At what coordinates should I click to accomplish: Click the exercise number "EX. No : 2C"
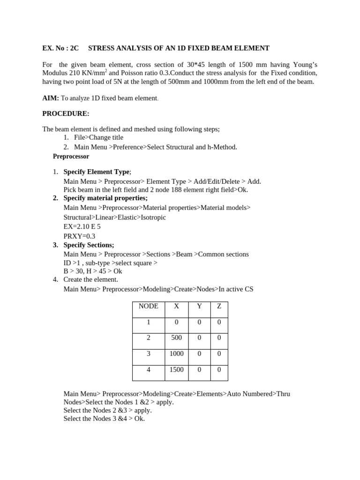[x=61, y=48]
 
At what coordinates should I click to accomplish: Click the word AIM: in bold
[x=51, y=98]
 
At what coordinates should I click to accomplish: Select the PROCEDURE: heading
[x=66, y=113]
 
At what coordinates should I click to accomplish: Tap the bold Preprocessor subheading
[x=71, y=157]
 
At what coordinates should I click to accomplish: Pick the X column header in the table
[x=176, y=306]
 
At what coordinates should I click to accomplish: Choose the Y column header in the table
[x=199, y=306]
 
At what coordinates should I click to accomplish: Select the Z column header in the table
[x=219, y=306]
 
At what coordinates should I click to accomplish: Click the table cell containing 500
[x=176, y=337]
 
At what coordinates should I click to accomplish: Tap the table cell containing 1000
[x=176, y=353]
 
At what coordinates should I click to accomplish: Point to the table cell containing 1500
[x=176, y=370]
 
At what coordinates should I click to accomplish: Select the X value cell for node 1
[x=176, y=322]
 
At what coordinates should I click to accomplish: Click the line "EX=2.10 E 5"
[x=82, y=226]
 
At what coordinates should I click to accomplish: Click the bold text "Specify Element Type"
[x=97, y=172]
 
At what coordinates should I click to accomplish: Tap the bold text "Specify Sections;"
[x=89, y=245]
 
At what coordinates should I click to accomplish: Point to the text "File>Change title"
[x=98, y=138]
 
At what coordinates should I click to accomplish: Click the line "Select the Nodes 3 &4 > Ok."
[x=104, y=419]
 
